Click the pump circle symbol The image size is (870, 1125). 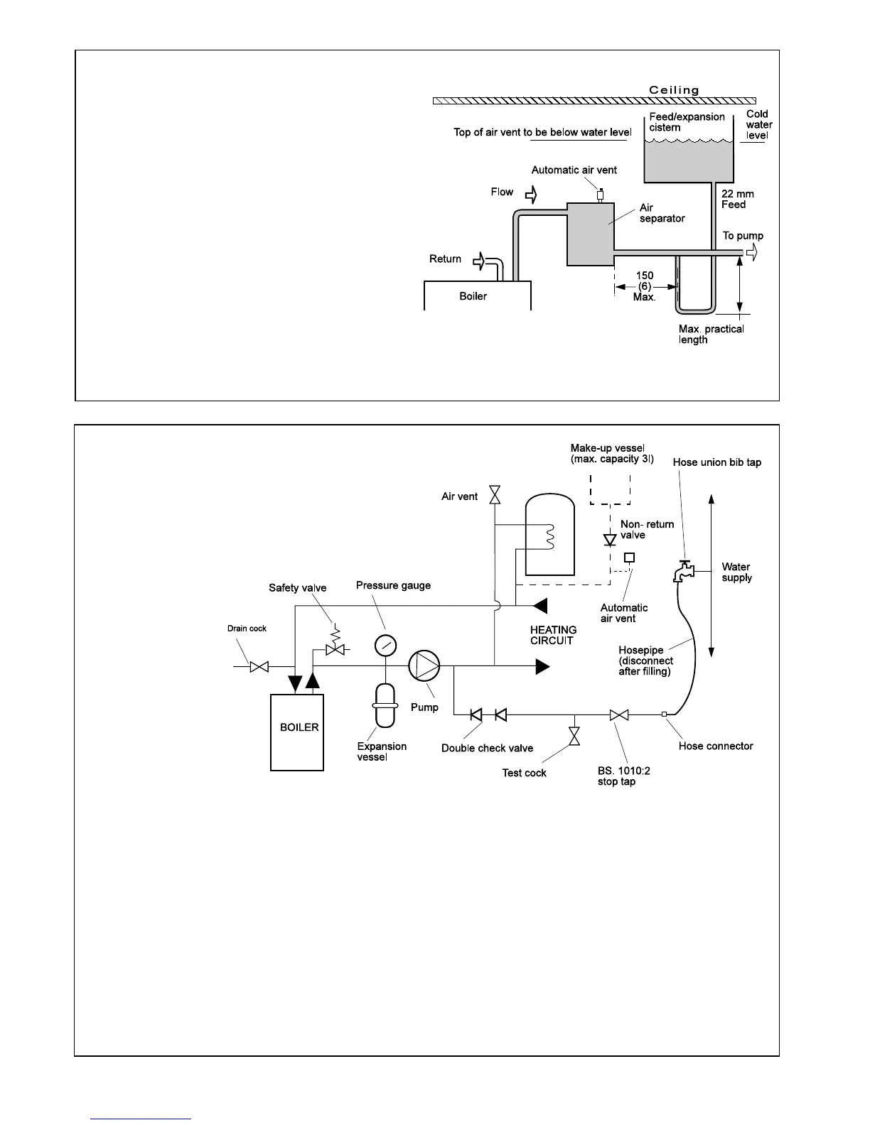[x=424, y=666]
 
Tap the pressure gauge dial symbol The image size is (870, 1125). [x=385, y=645]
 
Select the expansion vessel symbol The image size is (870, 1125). [x=385, y=705]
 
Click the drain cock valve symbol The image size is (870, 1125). [x=259, y=667]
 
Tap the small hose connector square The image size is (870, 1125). [x=664, y=714]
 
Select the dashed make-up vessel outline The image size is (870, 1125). [x=610, y=486]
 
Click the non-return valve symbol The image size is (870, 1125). [x=609, y=540]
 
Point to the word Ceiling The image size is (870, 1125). [x=674, y=90]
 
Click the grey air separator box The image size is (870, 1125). [x=590, y=234]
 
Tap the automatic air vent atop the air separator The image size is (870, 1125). [x=601, y=195]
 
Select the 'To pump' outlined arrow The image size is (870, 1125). [x=752, y=252]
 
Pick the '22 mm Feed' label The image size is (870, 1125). [x=737, y=199]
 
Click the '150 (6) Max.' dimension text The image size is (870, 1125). [x=645, y=286]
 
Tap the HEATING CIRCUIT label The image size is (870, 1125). [x=553, y=635]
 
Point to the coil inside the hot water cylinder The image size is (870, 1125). [x=549, y=537]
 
